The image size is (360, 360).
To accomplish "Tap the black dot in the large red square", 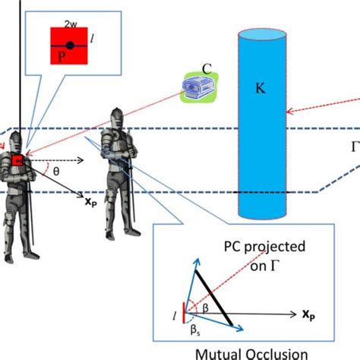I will coord(69,44).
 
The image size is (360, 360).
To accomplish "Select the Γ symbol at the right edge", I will coord(353,147).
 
